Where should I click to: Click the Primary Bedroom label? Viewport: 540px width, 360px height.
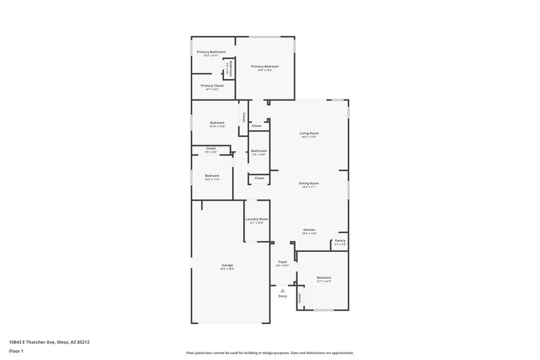click(x=265, y=66)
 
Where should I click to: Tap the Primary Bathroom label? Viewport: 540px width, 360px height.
click(x=211, y=52)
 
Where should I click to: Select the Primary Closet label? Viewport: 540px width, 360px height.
click(x=212, y=86)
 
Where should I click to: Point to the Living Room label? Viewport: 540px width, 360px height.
click(x=309, y=133)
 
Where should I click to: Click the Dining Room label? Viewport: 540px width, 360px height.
click(x=309, y=183)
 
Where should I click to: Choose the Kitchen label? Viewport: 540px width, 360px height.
click(x=309, y=230)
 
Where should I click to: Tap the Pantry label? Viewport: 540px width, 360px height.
click(x=340, y=240)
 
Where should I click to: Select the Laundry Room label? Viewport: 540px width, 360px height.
click(x=256, y=219)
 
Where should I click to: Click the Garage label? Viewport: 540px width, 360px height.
click(x=227, y=265)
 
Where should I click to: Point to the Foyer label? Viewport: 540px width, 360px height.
click(x=282, y=261)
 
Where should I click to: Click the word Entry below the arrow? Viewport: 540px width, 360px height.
click(x=282, y=296)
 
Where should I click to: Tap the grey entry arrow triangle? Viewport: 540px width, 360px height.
click(x=282, y=290)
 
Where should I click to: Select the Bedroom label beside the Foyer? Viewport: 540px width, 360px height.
click(x=324, y=278)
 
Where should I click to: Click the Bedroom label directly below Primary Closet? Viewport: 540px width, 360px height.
click(x=217, y=122)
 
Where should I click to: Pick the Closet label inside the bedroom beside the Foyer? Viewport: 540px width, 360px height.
click(x=300, y=297)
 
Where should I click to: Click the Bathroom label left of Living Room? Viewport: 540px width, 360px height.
click(x=259, y=151)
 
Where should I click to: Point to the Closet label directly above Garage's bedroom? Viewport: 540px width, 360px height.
click(x=211, y=148)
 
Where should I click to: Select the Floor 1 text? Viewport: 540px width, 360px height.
click(x=17, y=352)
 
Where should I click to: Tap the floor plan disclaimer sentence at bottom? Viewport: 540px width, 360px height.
click(x=269, y=353)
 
